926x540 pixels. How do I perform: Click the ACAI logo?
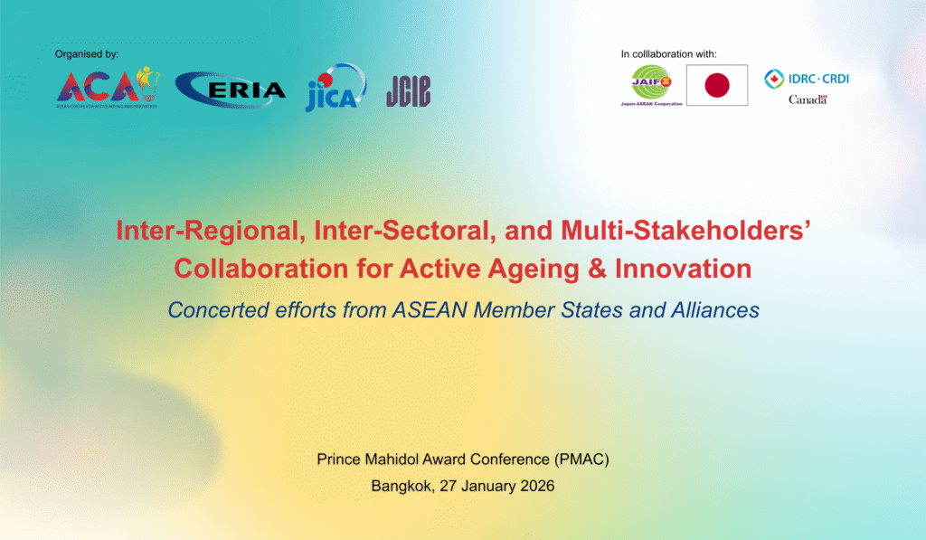tap(109, 87)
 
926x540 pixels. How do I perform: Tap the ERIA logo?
tap(231, 90)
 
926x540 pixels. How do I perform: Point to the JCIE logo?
tap(409, 91)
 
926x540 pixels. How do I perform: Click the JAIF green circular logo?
tap(651, 82)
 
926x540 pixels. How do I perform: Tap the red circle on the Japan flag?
tap(717, 85)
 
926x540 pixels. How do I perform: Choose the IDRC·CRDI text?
tap(818, 79)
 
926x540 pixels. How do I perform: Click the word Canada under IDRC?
tap(808, 99)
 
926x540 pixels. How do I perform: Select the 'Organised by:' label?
tap(87, 54)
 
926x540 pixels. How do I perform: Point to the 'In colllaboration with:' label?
tap(668, 54)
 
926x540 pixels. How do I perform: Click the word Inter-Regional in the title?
tap(211, 231)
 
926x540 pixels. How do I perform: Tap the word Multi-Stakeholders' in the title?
tap(685, 230)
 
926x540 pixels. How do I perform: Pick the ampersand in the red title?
tap(597, 269)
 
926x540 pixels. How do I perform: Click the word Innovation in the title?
tap(684, 269)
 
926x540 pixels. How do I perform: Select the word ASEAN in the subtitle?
tap(430, 310)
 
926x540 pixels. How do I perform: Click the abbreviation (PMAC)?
tap(581, 459)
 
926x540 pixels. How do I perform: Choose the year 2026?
tap(537, 487)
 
